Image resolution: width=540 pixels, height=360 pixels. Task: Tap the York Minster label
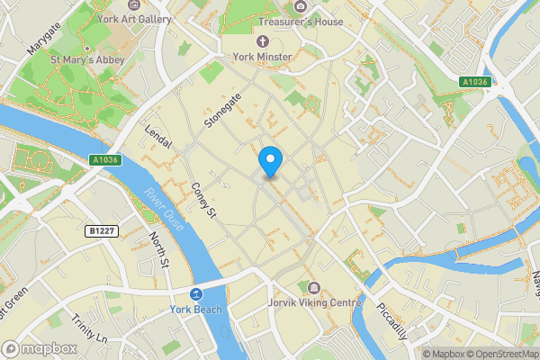tap(263, 57)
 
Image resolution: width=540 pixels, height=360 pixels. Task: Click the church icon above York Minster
tap(263, 41)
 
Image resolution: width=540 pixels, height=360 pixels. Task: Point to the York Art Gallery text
tap(135, 18)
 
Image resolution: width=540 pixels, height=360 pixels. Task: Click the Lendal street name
tap(157, 139)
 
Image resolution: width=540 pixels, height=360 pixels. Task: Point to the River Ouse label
tap(163, 210)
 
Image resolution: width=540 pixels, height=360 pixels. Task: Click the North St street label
tap(159, 250)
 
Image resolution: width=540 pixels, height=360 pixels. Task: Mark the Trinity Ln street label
tap(90, 327)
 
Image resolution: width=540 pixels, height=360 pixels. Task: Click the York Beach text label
tap(195, 310)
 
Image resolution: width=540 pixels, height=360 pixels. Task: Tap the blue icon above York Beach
tap(195, 295)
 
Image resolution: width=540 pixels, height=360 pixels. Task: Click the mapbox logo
tap(40, 348)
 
